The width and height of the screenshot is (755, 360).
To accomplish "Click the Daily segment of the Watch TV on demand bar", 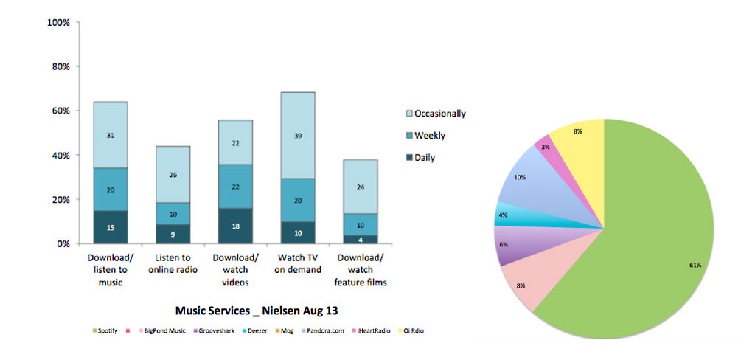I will click(x=297, y=232).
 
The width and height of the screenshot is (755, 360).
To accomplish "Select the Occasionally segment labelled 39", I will click(x=297, y=135).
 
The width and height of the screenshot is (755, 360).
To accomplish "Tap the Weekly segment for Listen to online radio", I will click(x=173, y=214).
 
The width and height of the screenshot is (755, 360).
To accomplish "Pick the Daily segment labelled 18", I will click(x=235, y=226).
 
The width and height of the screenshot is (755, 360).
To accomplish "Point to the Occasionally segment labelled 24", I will click(x=360, y=187).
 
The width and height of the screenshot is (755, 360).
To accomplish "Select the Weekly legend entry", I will click(x=429, y=136).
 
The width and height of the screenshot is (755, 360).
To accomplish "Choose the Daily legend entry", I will click(x=425, y=158).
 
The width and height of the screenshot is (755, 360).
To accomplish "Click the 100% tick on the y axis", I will click(x=58, y=23).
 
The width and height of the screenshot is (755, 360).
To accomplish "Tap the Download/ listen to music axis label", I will click(x=110, y=269).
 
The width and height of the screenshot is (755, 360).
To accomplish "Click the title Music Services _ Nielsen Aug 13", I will click(x=257, y=310).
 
